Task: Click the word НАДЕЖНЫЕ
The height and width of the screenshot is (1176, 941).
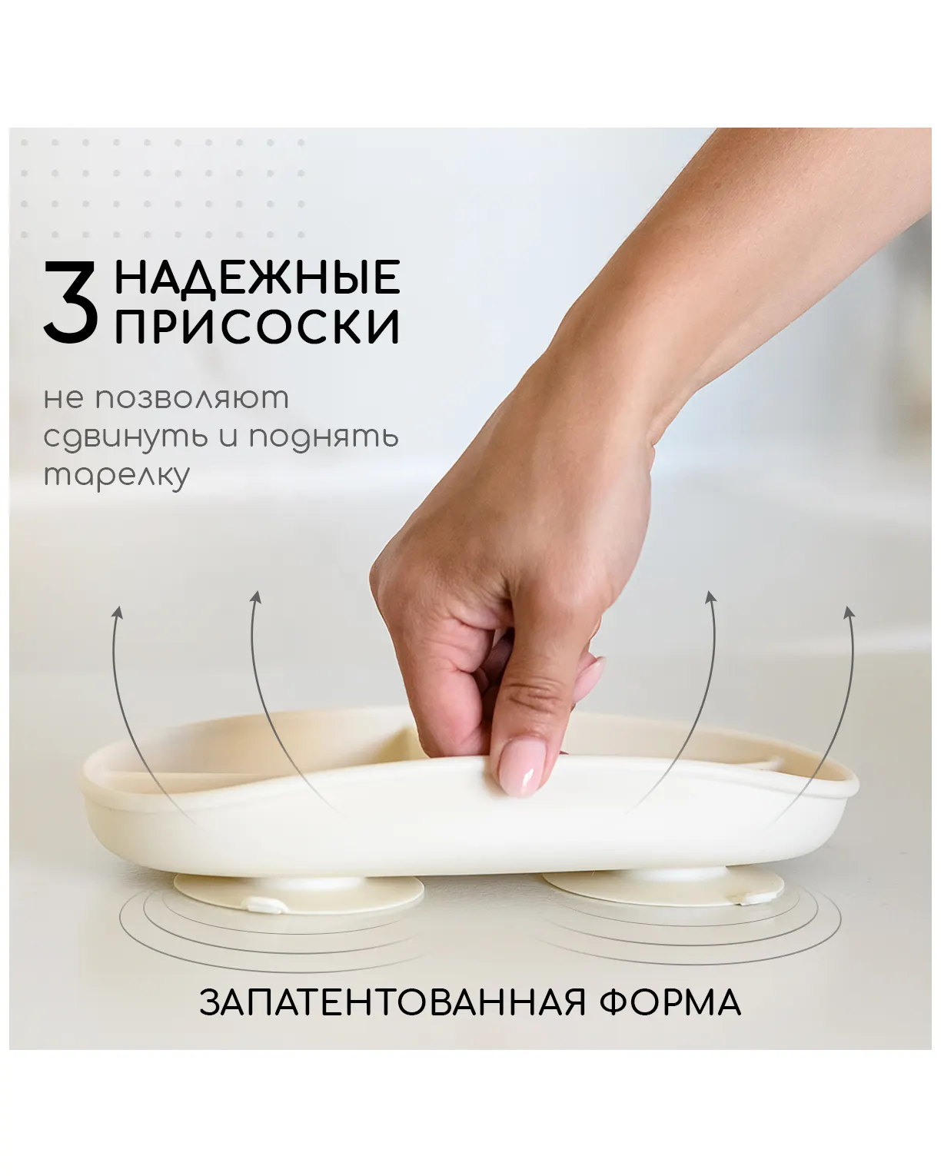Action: pos(257,277)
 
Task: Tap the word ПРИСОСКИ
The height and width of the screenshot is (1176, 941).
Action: pos(257,326)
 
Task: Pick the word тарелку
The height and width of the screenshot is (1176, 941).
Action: pos(116,476)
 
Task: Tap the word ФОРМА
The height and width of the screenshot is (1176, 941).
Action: pos(670,1003)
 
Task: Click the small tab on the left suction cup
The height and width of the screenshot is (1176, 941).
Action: pos(266,906)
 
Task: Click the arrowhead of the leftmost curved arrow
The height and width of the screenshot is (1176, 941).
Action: pos(118,612)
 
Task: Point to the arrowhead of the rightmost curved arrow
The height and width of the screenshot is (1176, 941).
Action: pos(850,613)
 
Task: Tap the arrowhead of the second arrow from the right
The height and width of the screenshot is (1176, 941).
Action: pos(710,597)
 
